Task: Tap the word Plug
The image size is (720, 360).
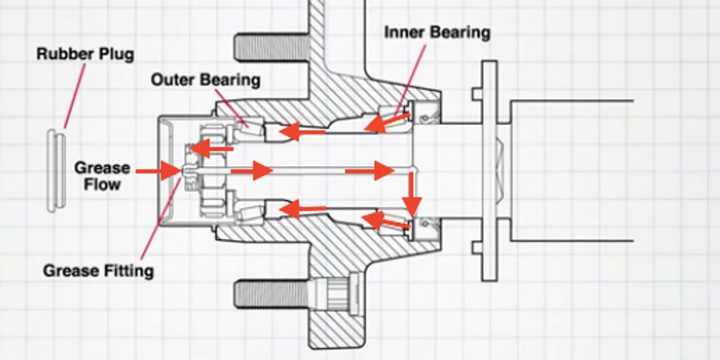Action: point(117,55)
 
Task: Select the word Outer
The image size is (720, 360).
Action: point(172,80)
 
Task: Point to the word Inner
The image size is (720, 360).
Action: point(406,33)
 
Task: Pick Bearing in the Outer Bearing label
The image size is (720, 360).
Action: point(230,80)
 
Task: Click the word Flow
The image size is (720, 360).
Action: point(102,185)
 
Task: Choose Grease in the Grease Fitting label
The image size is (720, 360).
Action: point(71,271)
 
